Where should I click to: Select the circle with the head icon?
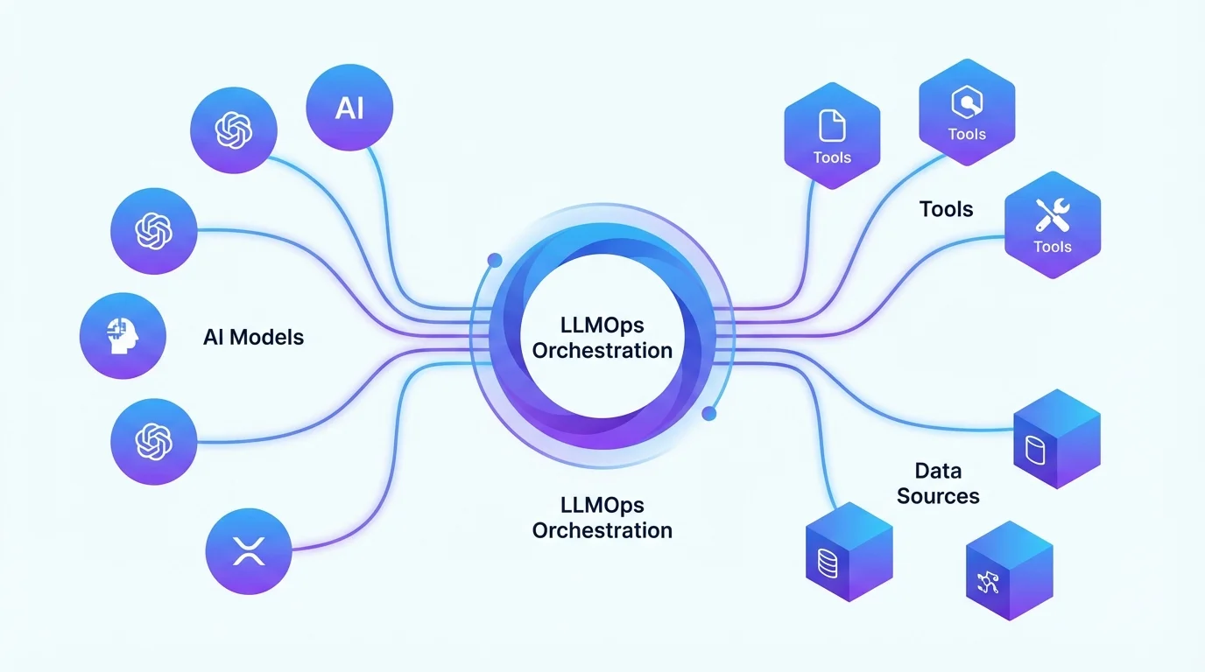(123, 336)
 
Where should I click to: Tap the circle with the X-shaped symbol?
(249, 550)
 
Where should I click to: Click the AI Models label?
(253, 337)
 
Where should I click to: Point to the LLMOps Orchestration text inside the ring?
(602, 338)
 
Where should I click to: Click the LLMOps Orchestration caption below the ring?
(602, 517)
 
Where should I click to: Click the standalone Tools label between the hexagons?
(946, 209)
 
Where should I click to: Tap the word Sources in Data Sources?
(938, 496)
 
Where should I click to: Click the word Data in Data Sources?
(938, 471)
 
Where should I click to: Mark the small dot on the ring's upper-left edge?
(495, 260)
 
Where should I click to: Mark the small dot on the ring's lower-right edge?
(709, 412)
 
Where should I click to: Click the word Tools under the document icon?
(831, 157)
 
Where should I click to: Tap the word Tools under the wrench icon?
(1052, 247)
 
